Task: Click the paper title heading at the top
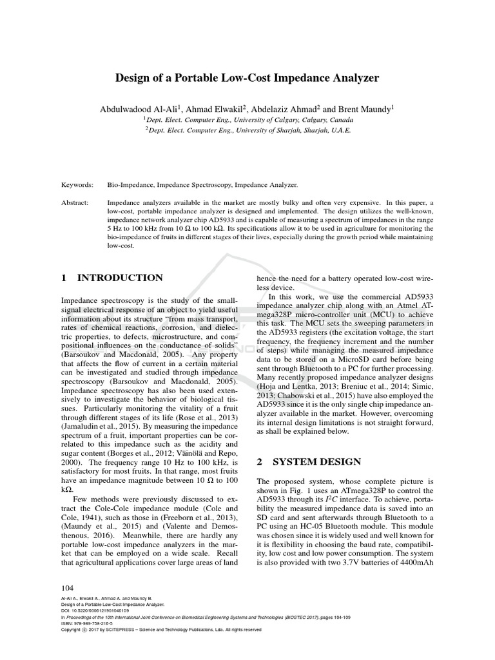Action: coord(247,78)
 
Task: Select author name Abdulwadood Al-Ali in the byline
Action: coord(139,110)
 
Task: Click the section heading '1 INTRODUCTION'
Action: coord(112,278)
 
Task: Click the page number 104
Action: coord(68,588)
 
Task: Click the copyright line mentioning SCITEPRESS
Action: coord(161,630)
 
